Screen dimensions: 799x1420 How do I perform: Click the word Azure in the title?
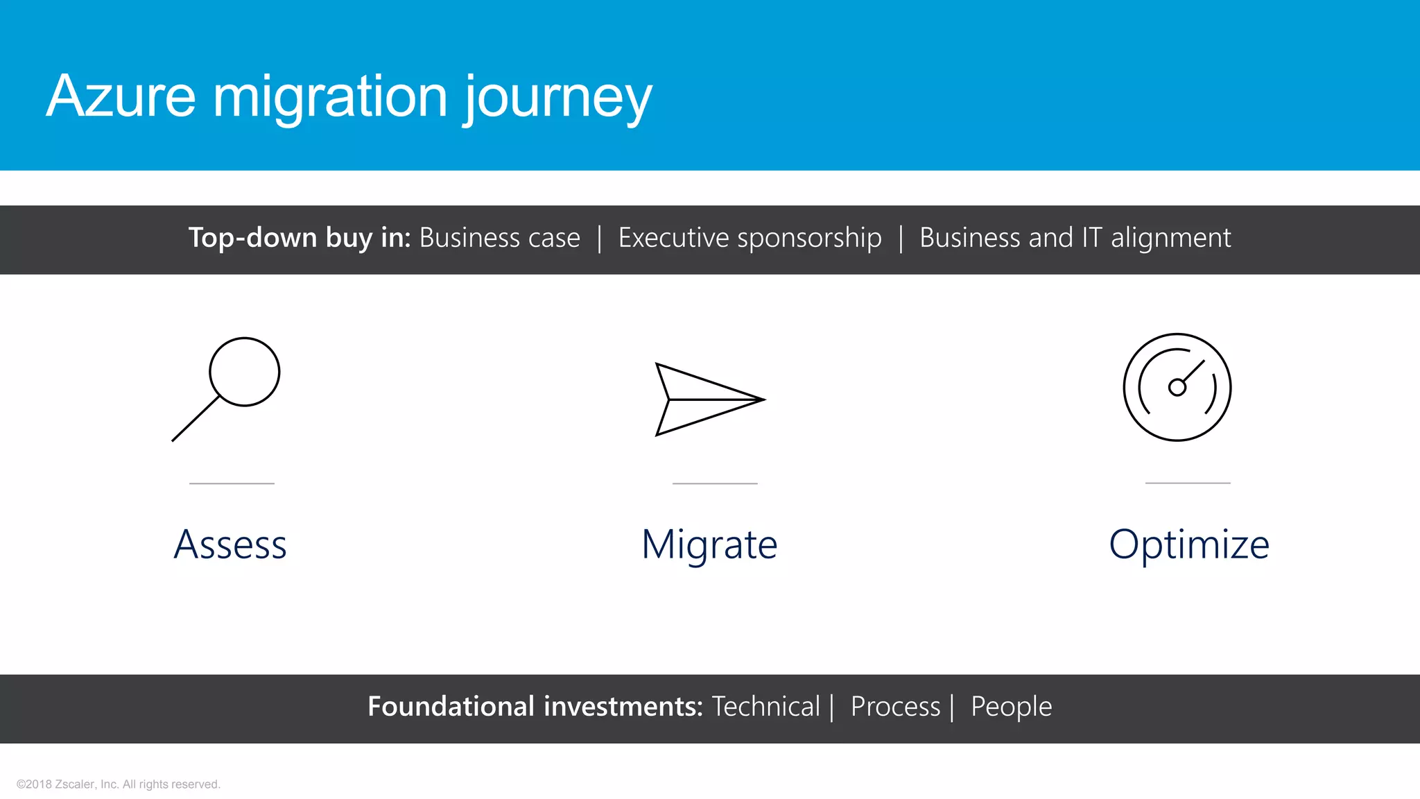(x=121, y=96)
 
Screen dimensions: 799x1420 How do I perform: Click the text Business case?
(x=499, y=238)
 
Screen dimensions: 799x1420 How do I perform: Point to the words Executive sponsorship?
(x=750, y=238)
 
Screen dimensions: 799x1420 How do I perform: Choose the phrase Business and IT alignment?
(x=1075, y=238)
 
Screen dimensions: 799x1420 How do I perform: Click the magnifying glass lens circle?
(x=245, y=372)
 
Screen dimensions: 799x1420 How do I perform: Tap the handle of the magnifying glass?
(x=196, y=418)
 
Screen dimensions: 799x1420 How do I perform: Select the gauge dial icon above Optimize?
(x=1177, y=387)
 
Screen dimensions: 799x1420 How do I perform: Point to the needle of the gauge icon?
(x=1193, y=372)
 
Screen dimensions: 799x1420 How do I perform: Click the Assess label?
(x=230, y=544)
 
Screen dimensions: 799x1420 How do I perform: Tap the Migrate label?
(x=709, y=544)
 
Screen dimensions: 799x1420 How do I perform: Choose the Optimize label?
(x=1188, y=544)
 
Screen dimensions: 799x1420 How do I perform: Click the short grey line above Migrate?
(x=715, y=483)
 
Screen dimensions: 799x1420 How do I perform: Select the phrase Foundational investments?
(x=535, y=707)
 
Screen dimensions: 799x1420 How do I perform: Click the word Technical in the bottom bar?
(x=765, y=707)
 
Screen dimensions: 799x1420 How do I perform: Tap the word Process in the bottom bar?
(x=895, y=707)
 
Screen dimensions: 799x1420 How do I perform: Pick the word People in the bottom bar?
(x=1011, y=707)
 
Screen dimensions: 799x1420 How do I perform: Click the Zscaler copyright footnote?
(x=119, y=784)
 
